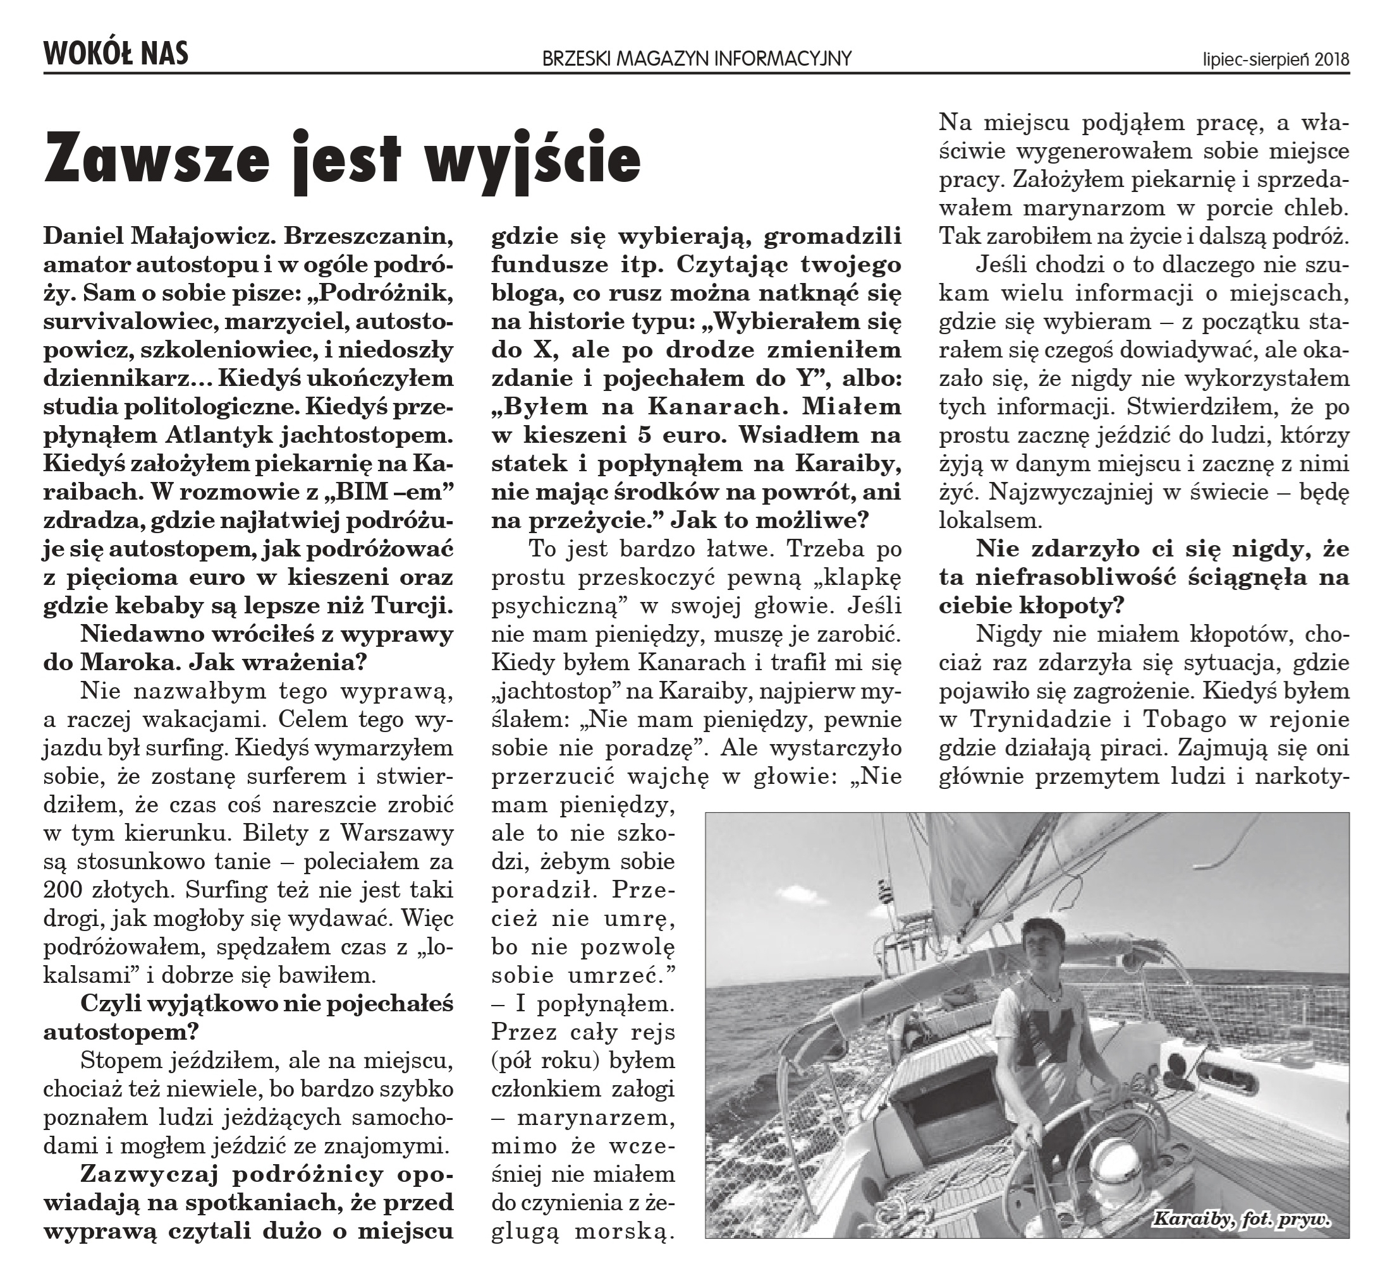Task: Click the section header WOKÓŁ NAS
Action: [x=116, y=54]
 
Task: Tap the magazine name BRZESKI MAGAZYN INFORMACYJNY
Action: [x=697, y=59]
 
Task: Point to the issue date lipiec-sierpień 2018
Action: [x=1276, y=60]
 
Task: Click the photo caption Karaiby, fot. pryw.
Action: [x=1242, y=1239]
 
